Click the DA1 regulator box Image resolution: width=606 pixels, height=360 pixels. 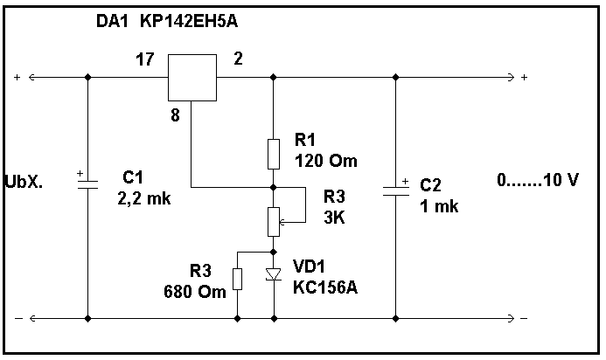[x=192, y=77]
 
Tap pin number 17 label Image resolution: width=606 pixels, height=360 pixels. [x=145, y=59]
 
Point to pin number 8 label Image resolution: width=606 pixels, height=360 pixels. [x=175, y=114]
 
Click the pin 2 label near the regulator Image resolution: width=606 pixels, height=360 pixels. [x=238, y=59]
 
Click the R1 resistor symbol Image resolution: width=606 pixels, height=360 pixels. [x=274, y=152]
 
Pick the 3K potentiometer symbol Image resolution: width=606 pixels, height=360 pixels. [x=274, y=220]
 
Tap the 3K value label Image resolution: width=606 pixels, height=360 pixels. [x=335, y=218]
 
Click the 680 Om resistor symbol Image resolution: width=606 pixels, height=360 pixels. [x=238, y=279]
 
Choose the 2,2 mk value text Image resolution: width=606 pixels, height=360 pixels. [x=144, y=198]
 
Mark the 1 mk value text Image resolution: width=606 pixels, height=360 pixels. [x=439, y=207]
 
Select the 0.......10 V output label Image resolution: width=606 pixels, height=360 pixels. [x=538, y=180]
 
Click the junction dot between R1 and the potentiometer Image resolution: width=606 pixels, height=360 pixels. [x=274, y=187]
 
